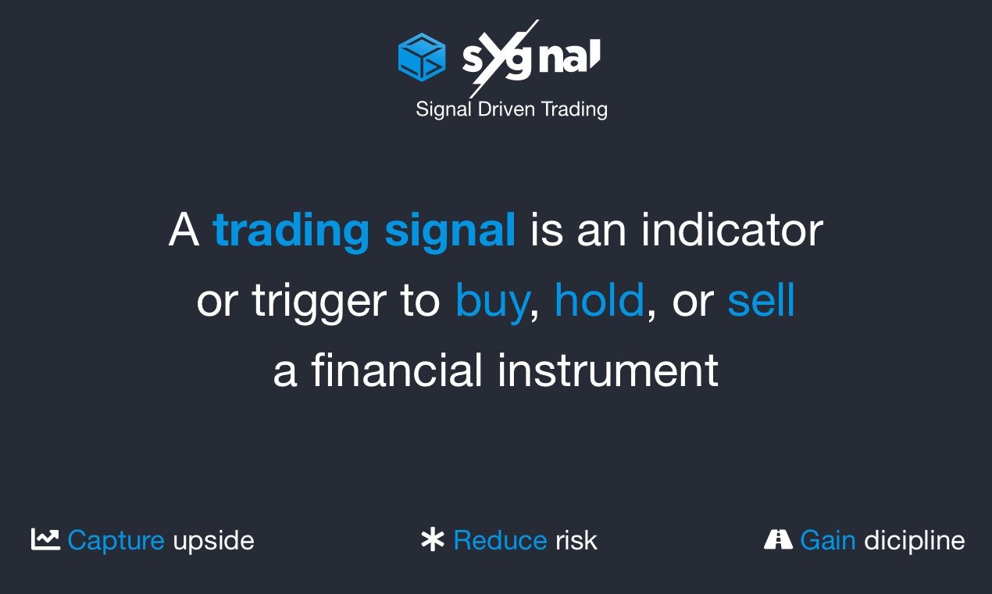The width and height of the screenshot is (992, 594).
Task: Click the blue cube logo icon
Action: [421, 57]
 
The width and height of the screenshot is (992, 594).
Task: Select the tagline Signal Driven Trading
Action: [511, 109]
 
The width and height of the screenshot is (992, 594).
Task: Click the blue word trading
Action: [291, 231]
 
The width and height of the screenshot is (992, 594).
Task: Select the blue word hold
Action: [599, 300]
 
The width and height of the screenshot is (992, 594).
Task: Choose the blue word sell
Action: [761, 300]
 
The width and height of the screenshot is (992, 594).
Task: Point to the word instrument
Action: [608, 370]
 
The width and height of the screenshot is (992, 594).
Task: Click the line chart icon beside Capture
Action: [45, 539]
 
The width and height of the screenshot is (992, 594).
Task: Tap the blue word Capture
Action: [116, 541]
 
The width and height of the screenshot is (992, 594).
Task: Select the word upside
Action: [213, 541]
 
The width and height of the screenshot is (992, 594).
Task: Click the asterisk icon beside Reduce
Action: [432, 540]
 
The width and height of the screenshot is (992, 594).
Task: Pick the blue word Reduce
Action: [500, 540]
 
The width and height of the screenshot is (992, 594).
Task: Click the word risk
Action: [576, 540]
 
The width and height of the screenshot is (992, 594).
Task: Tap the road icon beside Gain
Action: [778, 539]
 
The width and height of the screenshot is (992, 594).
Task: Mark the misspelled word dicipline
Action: [914, 541]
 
